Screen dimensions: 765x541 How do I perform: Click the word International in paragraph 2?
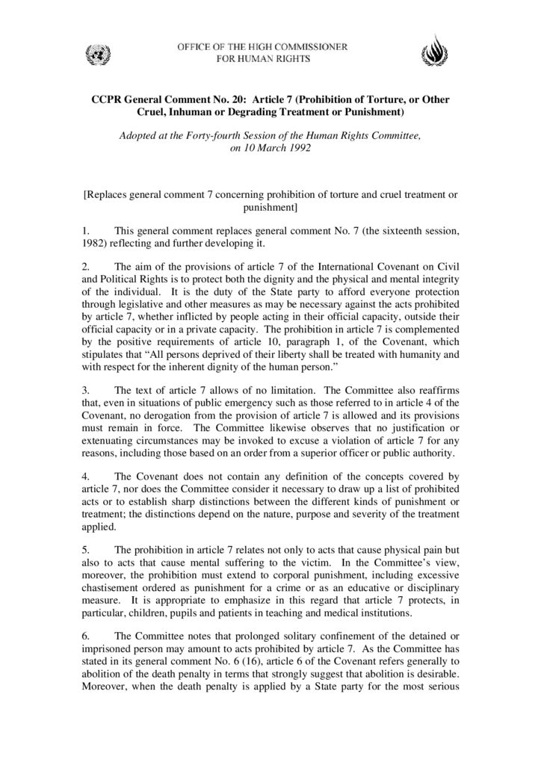[336, 267]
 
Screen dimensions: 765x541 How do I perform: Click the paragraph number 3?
[85, 390]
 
